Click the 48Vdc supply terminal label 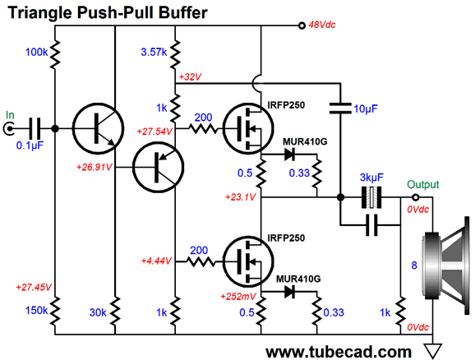pyautogui.click(x=322, y=25)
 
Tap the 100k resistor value pyautogui.click(x=37, y=52)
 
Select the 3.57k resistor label pyautogui.click(x=154, y=52)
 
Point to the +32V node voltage pyautogui.click(x=190, y=77)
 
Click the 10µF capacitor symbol pyautogui.click(x=340, y=108)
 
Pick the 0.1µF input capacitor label pyautogui.click(x=30, y=145)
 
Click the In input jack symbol pyautogui.click(x=9, y=129)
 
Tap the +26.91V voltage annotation pyautogui.click(x=95, y=167)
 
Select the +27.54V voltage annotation pyautogui.click(x=154, y=132)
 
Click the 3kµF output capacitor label pyautogui.click(x=371, y=178)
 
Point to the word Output pyautogui.click(x=423, y=184)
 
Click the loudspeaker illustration pyautogui.click(x=446, y=265)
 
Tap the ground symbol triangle pyautogui.click(x=433, y=351)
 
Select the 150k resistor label pyautogui.click(x=37, y=311)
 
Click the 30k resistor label pyautogui.click(x=98, y=312)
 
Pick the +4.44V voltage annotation pyautogui.click(x=157, y=261)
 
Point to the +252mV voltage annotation pyautogui.click(x=238, y=297)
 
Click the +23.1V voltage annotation pyautogui.click(x=241, y=197)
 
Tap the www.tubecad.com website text pyautogui.click(x=339, y=352)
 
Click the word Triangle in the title pyautogui.click(x=39, y=12)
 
